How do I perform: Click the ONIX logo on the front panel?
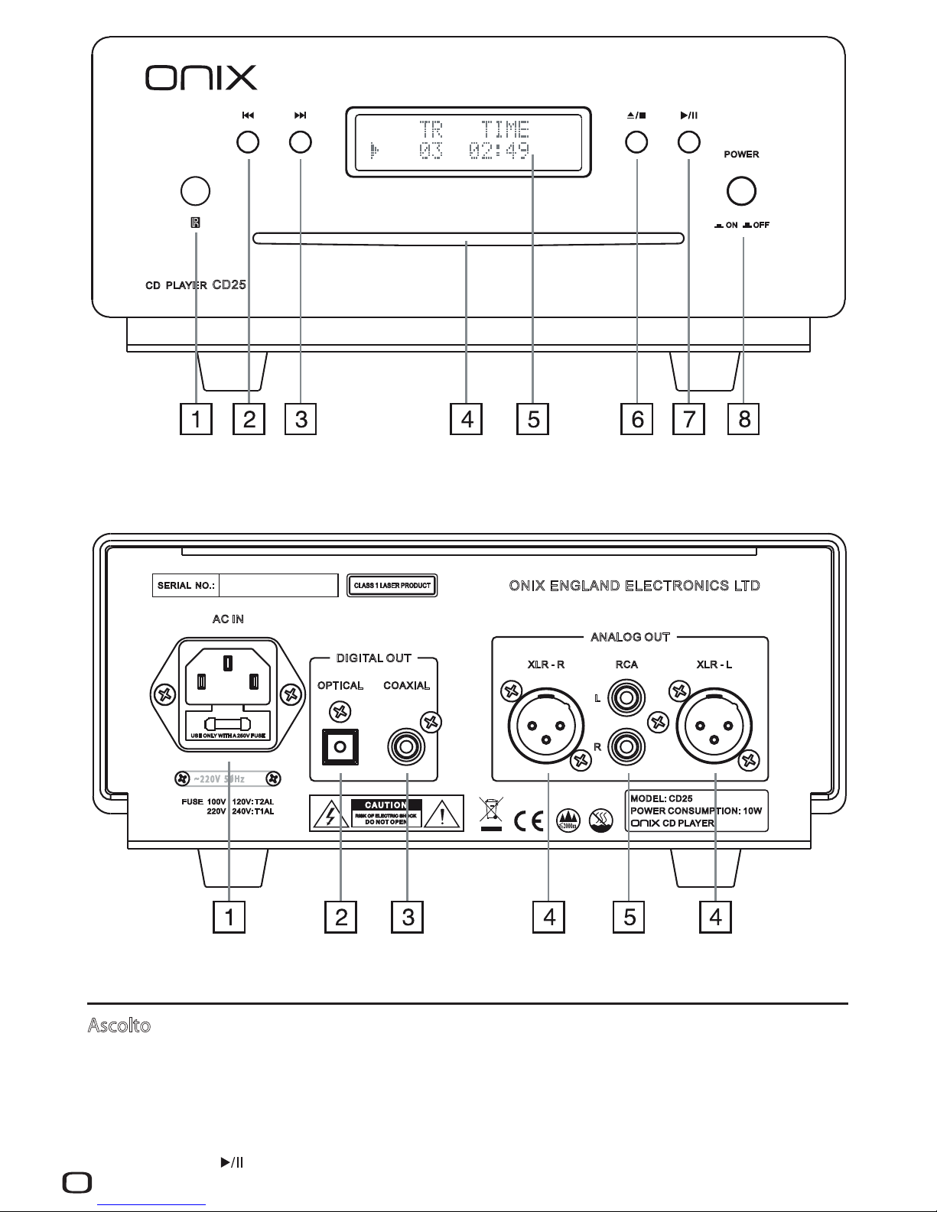(201, 77)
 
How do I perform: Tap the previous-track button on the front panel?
(248, 141)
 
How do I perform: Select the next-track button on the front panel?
(301, 141)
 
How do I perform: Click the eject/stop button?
(636, 141)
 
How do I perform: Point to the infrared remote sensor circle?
(195, 190)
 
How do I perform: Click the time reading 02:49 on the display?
(499, 151)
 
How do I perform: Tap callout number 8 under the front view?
(744, 419)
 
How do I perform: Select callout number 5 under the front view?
(533, 419)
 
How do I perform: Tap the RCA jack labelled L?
(626, 698)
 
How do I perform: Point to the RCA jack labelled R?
(626, 746)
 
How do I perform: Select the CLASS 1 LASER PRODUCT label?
(392, 587)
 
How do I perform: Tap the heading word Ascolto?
(119, 1026)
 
